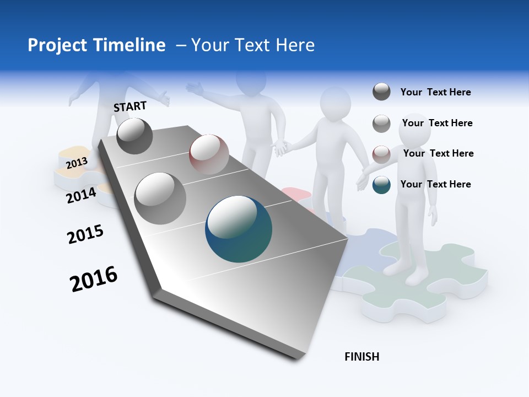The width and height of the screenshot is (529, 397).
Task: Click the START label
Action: (130, 106)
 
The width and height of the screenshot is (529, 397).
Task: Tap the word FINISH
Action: (361, 357)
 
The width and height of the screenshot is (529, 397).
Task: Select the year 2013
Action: (77, 163)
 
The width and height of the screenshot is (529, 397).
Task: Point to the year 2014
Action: (81, 195)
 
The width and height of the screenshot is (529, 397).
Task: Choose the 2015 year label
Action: (85, 234)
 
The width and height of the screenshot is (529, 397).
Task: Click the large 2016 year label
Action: (94, 279)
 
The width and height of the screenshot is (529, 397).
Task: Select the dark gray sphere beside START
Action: (134, 136)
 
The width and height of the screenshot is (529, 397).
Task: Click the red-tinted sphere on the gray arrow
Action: (209, 154)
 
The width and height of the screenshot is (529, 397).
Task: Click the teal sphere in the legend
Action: (381, 185)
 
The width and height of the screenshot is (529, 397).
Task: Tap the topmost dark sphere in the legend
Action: (381, 92)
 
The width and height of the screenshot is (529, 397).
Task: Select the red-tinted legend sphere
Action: (381, 154)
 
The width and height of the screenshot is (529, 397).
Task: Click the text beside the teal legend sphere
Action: (435, 184)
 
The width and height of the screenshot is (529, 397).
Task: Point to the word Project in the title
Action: (54, 45)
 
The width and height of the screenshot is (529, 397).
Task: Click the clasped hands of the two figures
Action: (282, 147)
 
